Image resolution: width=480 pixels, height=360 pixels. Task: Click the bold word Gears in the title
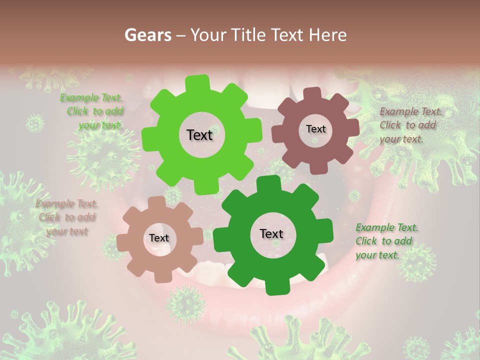(x=148, y=35)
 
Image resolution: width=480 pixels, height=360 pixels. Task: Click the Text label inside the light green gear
(x=199, y=135)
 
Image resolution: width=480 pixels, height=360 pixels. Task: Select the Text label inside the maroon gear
(x=315, y=129)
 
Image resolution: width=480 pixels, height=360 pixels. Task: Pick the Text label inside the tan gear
(x=158, y=238)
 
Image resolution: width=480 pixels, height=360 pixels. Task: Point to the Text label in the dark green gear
(x=271, y=234)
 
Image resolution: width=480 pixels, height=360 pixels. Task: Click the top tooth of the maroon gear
(x=312, y=94)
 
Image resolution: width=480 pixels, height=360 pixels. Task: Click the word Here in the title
(x=328, y=35)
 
